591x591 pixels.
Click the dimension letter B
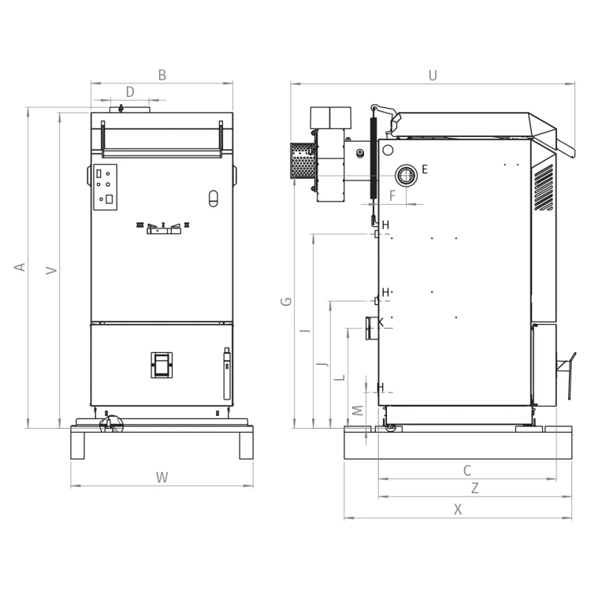[x=162, y=75]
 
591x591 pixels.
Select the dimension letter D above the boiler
[x=130, y=91]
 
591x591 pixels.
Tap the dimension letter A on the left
[x=20, y=267]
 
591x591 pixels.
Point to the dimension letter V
[x=51, y=270]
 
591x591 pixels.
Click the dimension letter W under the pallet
[x=162, y=478]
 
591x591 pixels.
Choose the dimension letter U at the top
[x=433, y=76]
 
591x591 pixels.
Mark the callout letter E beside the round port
[x=425, y=169]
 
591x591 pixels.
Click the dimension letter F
[x=392, y=195]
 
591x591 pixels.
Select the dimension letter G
[x=287, y=302]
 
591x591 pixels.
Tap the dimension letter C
[x=467, y=470]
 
